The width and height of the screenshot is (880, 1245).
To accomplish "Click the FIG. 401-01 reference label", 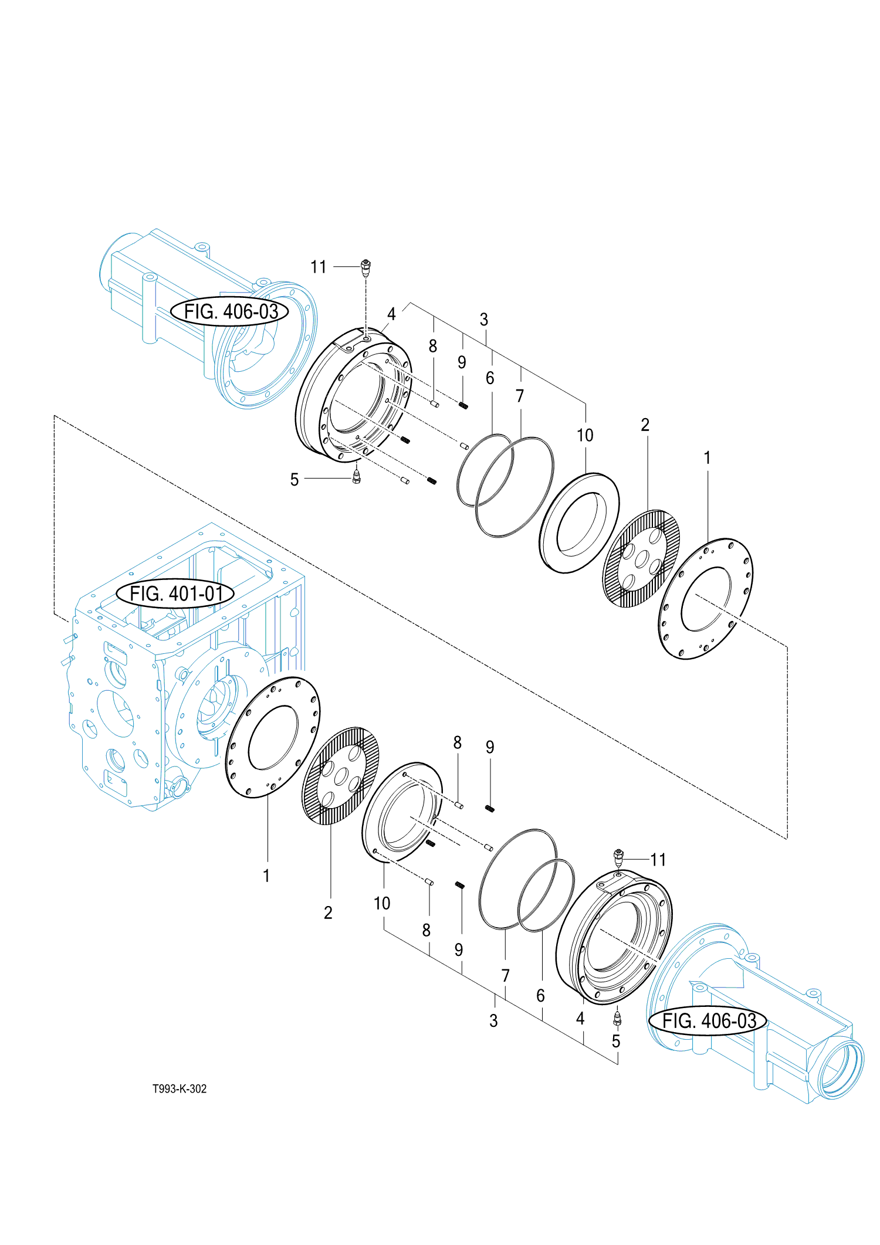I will pyautogui.click(x=175, y=593).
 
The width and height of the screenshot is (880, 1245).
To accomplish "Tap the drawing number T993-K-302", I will pyautogui.click(x=180, y=1089).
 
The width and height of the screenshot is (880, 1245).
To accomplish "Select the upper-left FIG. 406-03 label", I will pyautogui.click(x=230, y=311).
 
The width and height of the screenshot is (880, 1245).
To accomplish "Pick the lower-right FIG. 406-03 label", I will pyautogui.click(x=708, y=1021).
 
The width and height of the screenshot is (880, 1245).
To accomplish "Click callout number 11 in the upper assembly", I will pyautogui.click(x=318, y=267).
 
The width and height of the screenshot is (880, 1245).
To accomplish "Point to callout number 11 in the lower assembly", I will pyautogui.click(x=658, y=860).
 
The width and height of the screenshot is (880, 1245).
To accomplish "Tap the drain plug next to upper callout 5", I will pyautogui.click(x=356, y=476).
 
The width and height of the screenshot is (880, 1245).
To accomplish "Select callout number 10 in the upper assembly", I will pyautogui.click(x=585, y=435).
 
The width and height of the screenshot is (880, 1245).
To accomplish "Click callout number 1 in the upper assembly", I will pyautogui.click(x=707, y=457).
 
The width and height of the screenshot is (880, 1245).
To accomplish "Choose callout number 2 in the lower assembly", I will pyautogui.click(x=328, y=912).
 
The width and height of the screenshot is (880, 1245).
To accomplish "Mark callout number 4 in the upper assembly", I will pyautogui.click(x=391, y=314).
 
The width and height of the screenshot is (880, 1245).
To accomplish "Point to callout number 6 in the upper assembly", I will pyautogui.click(x=490, y=378).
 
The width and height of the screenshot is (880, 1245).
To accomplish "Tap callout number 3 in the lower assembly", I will pyautogui.click(x=493, y=1021).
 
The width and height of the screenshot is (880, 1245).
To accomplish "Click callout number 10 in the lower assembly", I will pyautogui.click(x=382, y=904).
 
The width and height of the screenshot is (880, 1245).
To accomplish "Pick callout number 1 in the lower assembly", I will pyautogui.click(x=266, y=876).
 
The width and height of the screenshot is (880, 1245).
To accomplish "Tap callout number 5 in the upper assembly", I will pyautogui.click(x=295, y=480).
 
